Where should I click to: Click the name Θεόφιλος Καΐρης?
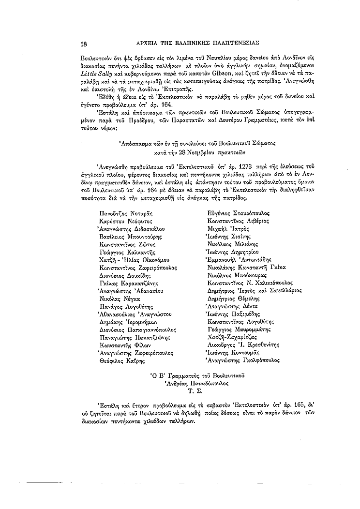[119, 360]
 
